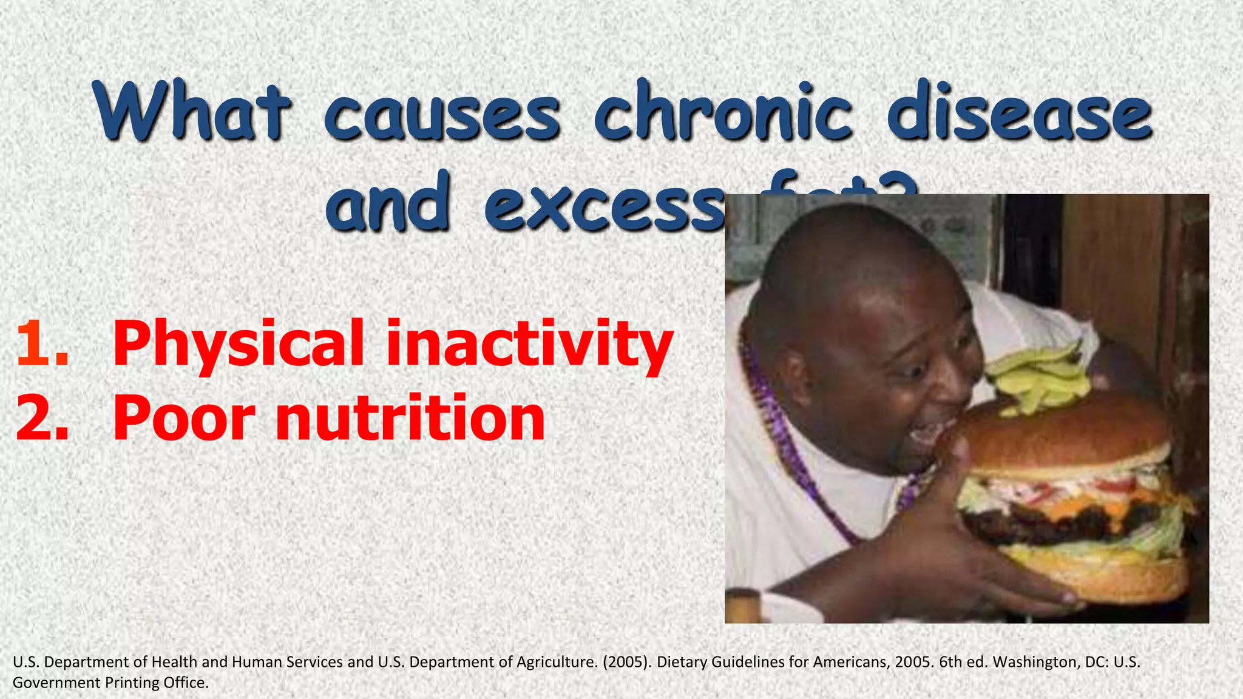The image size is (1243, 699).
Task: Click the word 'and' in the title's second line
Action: tap(388, 203)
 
